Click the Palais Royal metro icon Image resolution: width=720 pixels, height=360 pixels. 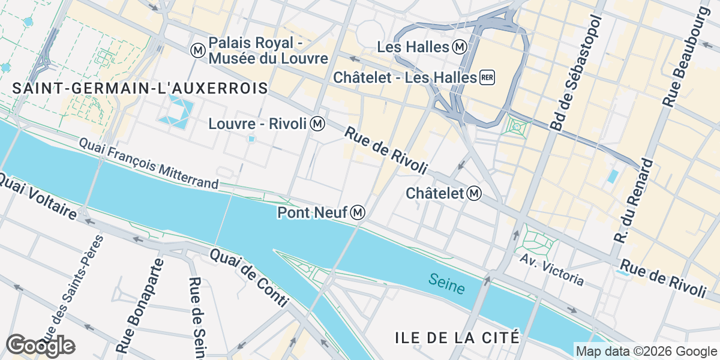[197, 50]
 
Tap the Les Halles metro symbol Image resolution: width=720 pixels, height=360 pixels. [460, 46]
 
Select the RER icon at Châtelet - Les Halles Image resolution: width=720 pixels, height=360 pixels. [487, 77]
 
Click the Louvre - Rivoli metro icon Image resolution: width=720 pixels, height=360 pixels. [318, 124]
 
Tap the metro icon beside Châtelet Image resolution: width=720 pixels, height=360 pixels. [475, 193]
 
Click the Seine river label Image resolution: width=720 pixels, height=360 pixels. [447, 284]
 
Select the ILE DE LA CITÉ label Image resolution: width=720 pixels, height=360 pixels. [457, 337]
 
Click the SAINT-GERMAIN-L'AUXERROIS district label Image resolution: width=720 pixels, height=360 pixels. [140, 88]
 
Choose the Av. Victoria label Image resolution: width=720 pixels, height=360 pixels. [552, 269]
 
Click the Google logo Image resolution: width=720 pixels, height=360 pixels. [40, 346]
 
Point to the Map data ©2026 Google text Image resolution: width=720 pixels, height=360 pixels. [645, 351]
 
